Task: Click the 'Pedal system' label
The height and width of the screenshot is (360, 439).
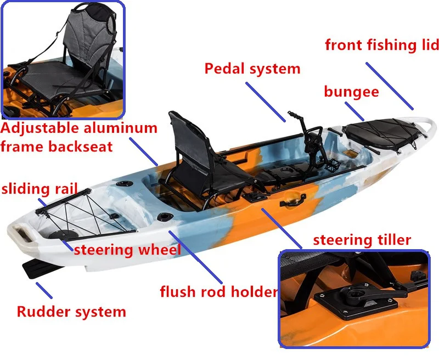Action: coord(252,69)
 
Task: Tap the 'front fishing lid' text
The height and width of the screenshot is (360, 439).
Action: coord(382,45)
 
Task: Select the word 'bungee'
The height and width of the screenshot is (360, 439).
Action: coord(351,92)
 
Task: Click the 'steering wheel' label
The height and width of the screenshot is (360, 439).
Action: coord(127,250)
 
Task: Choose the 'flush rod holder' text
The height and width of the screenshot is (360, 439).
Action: coord(218,291)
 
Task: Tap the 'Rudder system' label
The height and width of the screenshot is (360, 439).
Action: coord(71,312)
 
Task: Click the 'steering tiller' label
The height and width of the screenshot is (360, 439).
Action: coord(362,240)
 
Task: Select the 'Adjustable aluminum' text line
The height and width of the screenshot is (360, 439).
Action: coord(79,130)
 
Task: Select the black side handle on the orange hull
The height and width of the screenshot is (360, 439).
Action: coord(292,201)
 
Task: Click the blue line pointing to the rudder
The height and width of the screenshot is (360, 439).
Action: coord(44,289)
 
